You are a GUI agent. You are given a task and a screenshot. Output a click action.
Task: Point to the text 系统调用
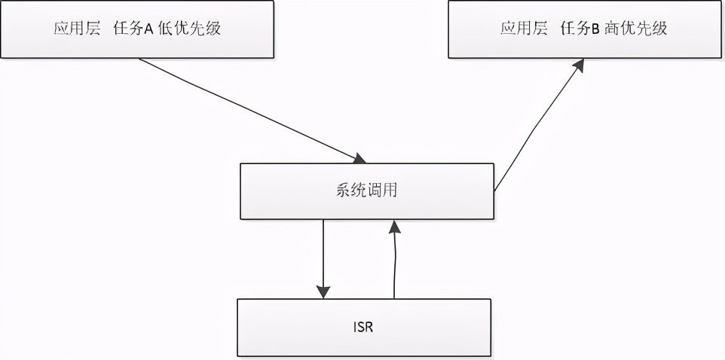(366, 191)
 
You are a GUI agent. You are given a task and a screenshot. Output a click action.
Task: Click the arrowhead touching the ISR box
(323, 291)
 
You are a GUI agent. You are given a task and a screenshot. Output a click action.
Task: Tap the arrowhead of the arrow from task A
(359, 158)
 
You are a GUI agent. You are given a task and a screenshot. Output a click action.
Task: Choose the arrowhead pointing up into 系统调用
(393, 225)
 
